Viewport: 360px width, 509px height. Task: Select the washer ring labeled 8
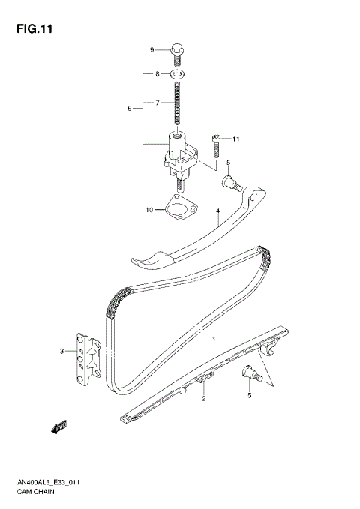177,75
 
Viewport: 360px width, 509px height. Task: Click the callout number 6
130,109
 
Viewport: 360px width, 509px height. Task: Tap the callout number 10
149,210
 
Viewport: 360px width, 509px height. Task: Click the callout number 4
217,212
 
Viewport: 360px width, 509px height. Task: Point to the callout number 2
202,400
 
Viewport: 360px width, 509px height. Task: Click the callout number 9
151,50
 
